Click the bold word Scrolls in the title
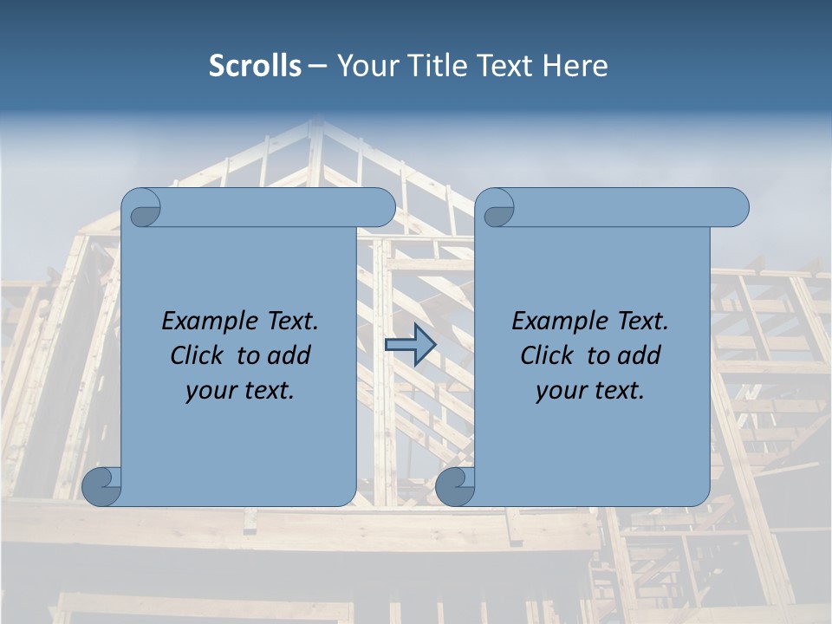click(256, 66)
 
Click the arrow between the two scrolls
click(410, 345)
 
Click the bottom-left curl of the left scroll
click(102, 486)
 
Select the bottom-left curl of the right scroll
click(455, 486)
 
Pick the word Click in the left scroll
click(197, 356)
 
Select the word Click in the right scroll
click(547, 356)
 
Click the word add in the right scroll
click(640, 356)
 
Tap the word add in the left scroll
click(290, 356)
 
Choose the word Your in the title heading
click(365, 66)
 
